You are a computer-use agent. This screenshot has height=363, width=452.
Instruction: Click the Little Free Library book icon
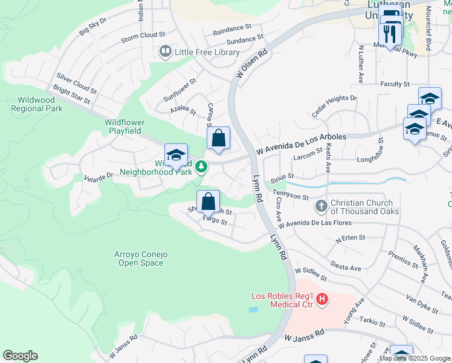pyautogui.click(x=165, y=52)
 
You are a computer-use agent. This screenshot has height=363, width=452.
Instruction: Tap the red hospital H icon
pyautogui.click(x=322, y=298)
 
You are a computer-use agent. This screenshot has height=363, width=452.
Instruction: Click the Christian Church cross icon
pyautogui.click(x=321, y=207)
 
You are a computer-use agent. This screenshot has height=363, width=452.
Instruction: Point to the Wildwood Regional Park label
pyautogui.click(x=36, y=104)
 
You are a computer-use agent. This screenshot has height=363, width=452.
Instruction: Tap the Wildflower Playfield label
pyautogui.click(x=123, y=126)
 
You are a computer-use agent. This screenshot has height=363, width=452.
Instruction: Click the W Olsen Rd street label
pyautogui.click(x=251, y=64)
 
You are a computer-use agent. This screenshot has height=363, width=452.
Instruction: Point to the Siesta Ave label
pyautogui.click(x=346, y=266)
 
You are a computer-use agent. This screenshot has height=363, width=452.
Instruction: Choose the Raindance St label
pyautogui.click(x=232, y=28)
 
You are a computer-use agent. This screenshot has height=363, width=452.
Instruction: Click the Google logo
pyautogui.click(x=20, y=356)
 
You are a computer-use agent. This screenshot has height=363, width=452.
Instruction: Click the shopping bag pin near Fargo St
pyautogui.click(x=208, y=201)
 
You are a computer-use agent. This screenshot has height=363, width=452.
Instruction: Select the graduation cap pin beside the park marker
pyautogui.click(x=176, y=155)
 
